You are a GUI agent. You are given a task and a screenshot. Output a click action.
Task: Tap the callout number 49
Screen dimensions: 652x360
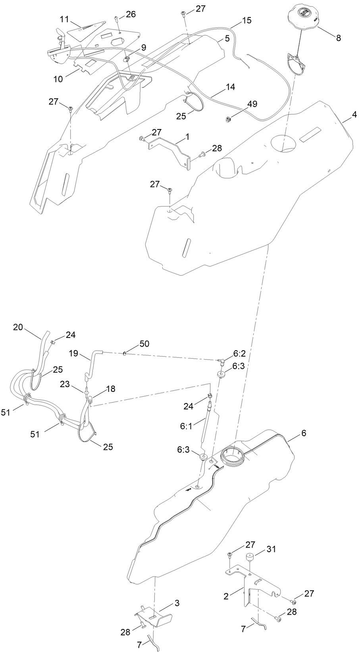(252, 104)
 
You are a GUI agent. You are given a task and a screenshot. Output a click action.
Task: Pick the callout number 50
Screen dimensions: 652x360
(144, 343)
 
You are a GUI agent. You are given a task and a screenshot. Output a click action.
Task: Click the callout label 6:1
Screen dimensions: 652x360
(186, 426)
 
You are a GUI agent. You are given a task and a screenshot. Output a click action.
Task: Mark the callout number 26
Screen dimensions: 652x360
(131, 14)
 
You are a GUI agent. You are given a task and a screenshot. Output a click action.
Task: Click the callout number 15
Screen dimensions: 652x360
(246, 20)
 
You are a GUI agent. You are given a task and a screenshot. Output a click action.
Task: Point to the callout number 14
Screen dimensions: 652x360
(230, 87)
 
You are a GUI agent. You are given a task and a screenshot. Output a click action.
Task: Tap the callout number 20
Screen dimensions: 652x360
(18, 327)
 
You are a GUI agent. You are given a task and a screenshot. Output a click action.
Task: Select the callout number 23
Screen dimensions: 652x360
(65, 384)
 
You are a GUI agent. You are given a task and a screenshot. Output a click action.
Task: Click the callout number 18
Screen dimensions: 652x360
(110, 389)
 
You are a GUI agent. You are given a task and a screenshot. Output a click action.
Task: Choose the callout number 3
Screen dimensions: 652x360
(177, 603)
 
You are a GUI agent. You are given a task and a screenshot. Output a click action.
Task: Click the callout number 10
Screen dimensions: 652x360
(58, 79)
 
